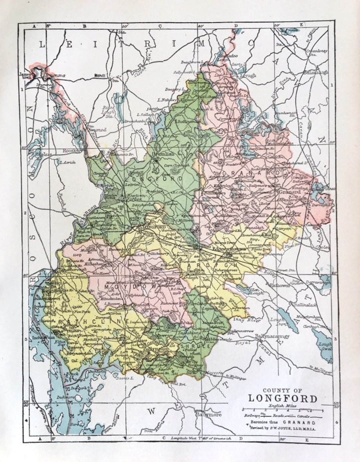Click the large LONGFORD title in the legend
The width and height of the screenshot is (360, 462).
click(x=282, y=398)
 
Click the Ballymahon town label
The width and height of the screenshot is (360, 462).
click(x=155, y=348)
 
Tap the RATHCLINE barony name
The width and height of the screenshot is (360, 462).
click(x=94, y=321)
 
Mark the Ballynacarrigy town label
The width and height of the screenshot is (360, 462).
click(x=272, y=336)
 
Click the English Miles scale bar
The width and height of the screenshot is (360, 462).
click(x=282, y=409)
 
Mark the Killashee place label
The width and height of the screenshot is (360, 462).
click(x=79, y=264)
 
